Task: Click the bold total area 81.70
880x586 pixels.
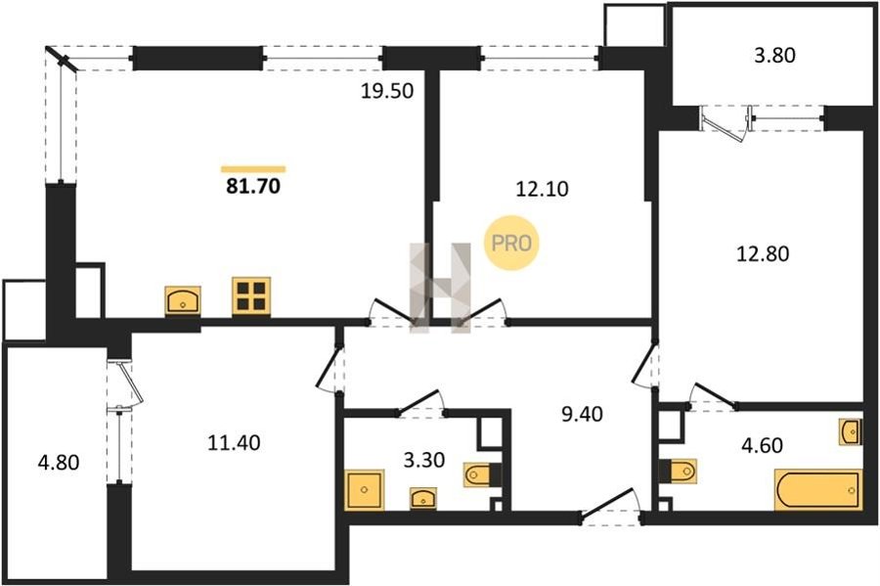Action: (253, 186)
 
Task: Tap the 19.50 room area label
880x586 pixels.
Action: (386, 90)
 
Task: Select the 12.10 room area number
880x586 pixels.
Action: (542, 189)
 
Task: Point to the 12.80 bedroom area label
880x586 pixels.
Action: (762, 253)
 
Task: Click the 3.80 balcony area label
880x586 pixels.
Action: (774, 56)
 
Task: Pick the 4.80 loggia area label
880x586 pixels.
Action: (59, 463)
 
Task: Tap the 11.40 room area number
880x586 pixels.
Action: (234, 443)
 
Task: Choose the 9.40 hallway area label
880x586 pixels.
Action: (582, 414)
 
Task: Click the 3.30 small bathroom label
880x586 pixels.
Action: (424, 460)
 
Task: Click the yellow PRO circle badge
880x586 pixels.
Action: (511, 243)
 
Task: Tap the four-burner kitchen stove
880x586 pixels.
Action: (251, 295)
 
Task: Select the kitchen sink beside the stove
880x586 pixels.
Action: (183, 300)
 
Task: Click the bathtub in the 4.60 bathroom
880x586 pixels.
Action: (817, 490)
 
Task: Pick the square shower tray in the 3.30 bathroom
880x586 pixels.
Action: (365, 490)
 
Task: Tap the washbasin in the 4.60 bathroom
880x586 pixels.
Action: (851, 431)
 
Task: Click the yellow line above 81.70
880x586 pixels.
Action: (253, 169)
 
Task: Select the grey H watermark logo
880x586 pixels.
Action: (440, 288)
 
